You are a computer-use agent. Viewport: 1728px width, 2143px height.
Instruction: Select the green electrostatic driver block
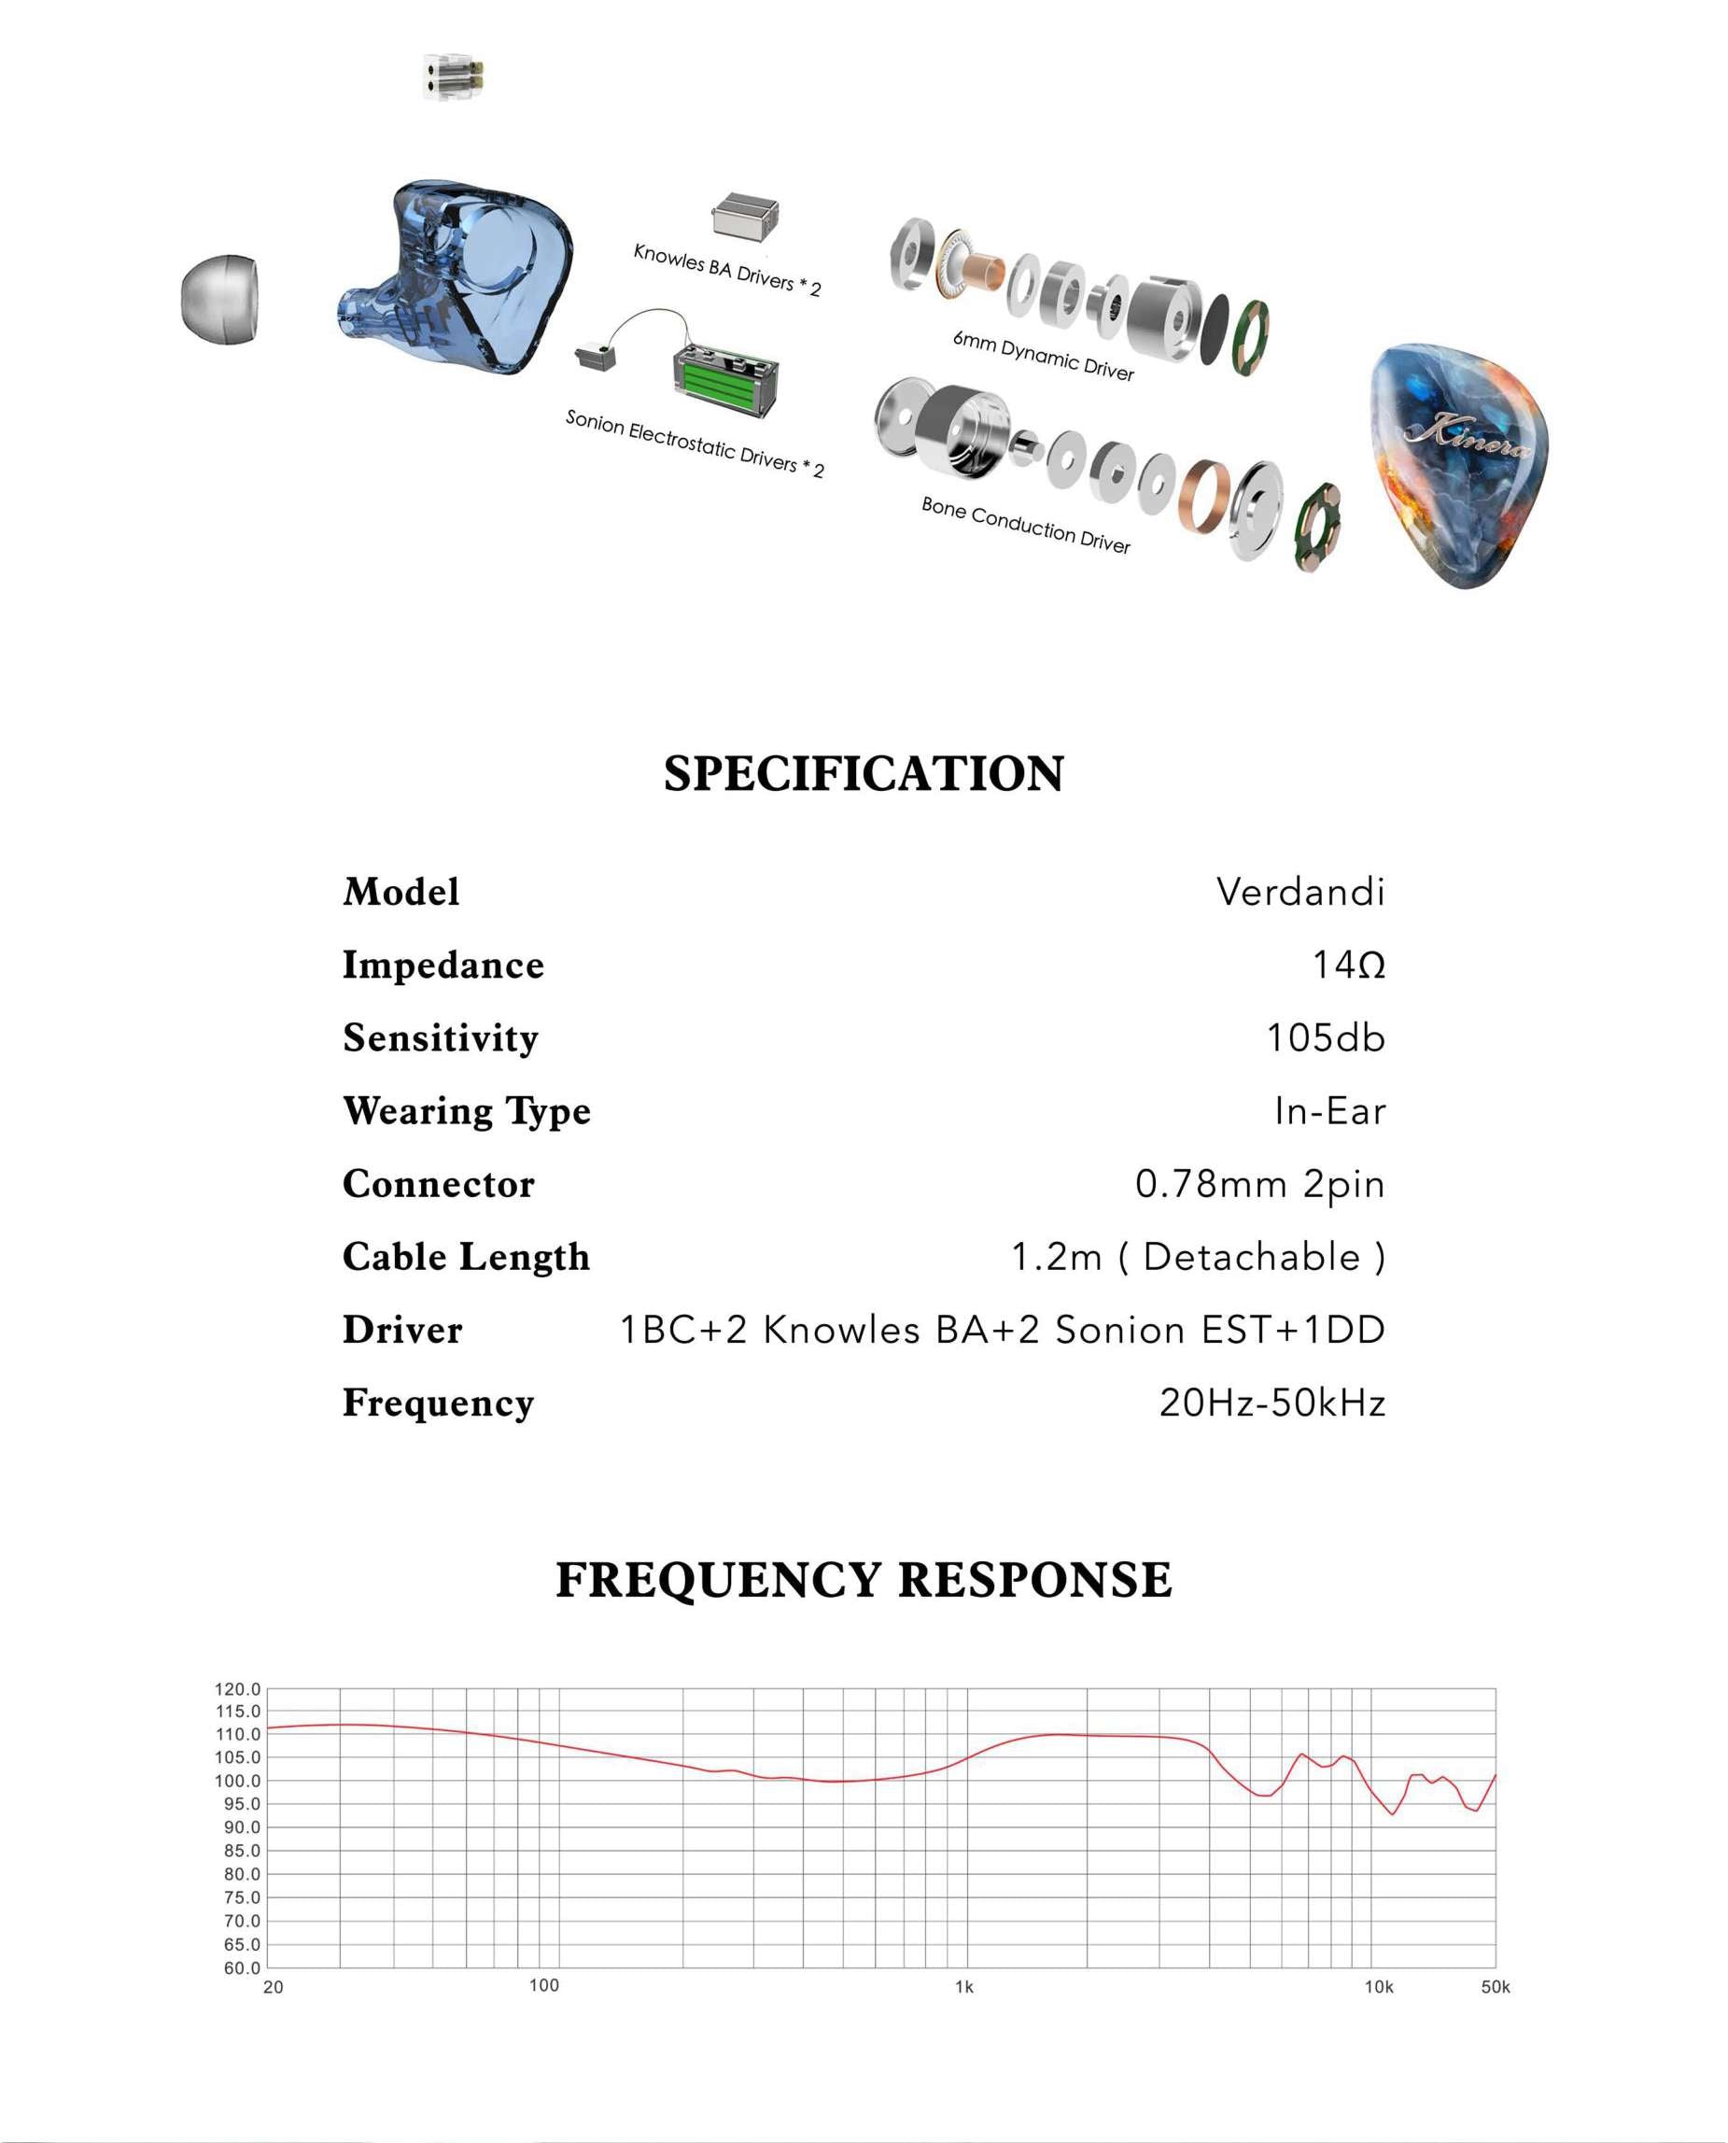[725, 379]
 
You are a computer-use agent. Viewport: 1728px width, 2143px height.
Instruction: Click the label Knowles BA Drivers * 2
[726, 269]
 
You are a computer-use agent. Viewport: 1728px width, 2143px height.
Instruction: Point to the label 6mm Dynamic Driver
[1042, 356]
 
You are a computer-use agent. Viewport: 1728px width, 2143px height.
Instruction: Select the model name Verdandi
[1300, 892]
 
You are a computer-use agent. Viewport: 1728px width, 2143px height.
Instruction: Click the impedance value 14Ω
[1348, 965]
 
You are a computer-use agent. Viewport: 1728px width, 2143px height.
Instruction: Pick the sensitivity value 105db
[1325, 1037]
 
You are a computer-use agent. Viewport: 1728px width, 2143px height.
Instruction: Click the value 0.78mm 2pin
[1259, 1183]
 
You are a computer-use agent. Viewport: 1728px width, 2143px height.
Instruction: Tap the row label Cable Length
[466, 1257]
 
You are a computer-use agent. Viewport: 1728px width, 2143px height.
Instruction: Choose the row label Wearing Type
[466, 1111]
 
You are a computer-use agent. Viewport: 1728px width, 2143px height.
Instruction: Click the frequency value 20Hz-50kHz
[1271, 1403]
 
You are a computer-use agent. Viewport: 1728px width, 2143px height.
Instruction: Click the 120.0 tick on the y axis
[237, 1689]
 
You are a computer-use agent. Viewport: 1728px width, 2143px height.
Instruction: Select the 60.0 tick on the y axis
[241, 1967]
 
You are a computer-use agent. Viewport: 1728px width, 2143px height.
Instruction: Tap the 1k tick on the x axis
[963, 1987]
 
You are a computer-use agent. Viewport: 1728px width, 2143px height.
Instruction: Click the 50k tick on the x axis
[1495, 1987]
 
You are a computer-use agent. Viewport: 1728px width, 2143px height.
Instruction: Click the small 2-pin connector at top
[453, 77]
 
